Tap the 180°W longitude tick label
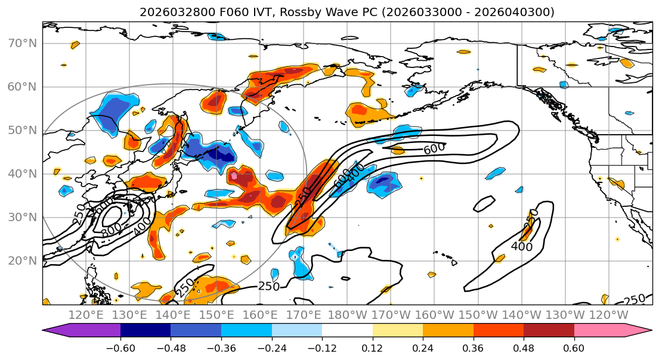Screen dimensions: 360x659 pyautogui.click(x=348, y=315)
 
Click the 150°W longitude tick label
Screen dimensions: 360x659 pyautogui.click(x=478, y=315)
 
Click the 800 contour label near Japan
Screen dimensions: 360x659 pyautogui.click(x=111, y=229)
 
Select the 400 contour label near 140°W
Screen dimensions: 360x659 pyautogui.click(x=521, y=246)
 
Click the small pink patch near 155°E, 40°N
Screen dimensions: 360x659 pyautogui.click(x=234, y=176)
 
